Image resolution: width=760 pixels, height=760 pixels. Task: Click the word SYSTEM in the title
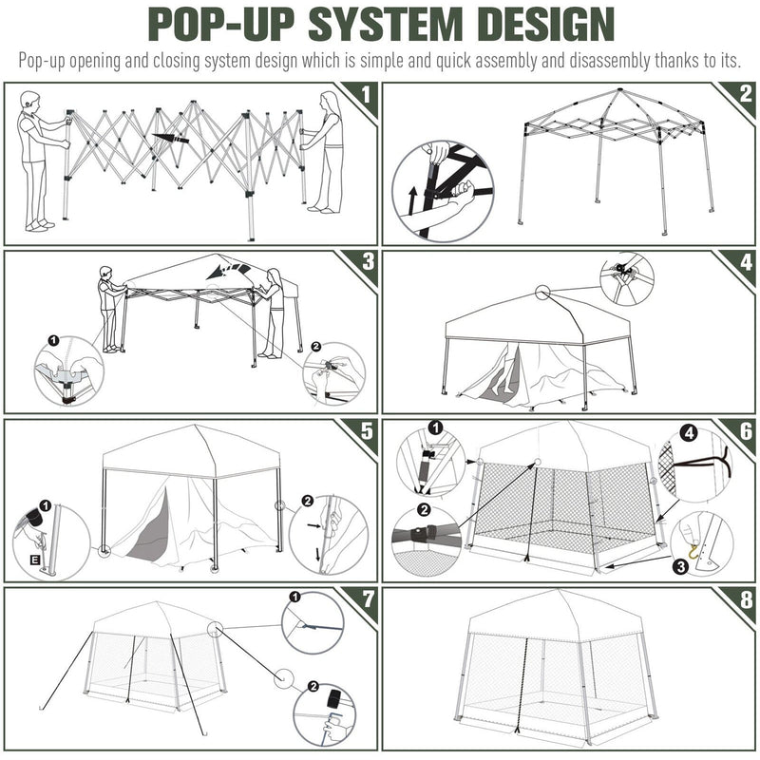386,24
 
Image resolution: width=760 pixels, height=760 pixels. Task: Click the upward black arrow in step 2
412,200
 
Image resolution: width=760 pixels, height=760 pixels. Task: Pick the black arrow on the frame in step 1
171,138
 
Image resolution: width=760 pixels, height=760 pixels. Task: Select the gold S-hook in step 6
695,552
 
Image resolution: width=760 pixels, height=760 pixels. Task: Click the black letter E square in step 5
35,560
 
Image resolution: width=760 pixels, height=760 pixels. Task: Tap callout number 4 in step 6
691,433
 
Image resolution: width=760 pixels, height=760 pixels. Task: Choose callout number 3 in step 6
681,566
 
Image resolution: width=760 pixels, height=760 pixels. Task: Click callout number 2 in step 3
315,346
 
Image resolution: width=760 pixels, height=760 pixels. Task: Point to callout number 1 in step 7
294,597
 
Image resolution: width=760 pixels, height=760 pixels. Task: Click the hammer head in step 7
334,699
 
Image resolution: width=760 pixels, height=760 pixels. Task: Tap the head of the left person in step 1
29,101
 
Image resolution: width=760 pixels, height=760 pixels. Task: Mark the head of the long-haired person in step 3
275,276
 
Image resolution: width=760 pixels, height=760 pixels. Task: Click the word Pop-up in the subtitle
41,62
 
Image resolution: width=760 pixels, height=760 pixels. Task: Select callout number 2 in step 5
307,501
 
